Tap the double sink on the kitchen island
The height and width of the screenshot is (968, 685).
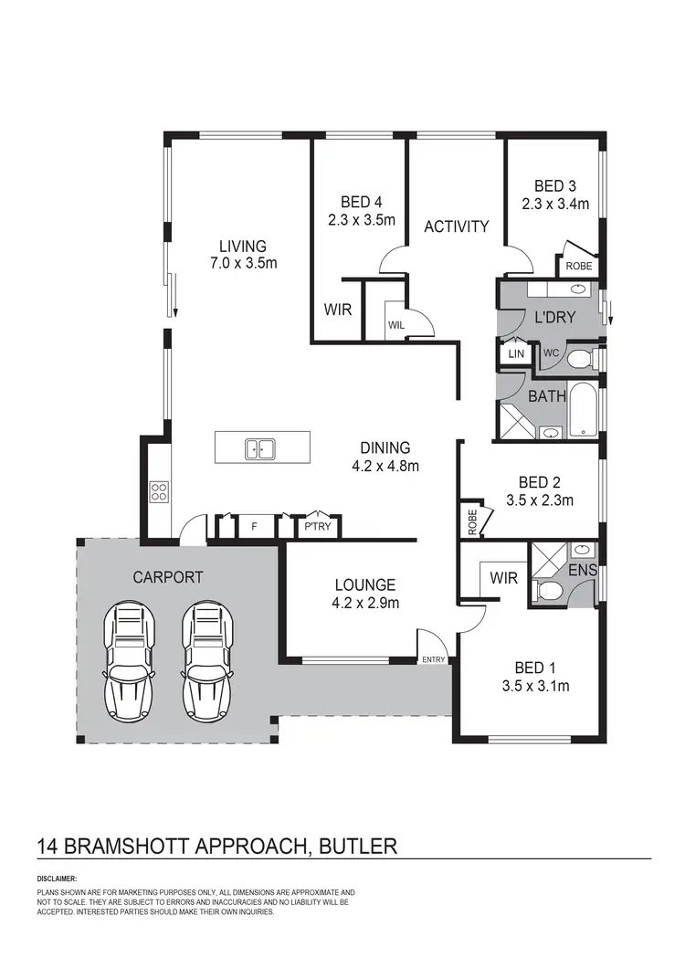(261, 448)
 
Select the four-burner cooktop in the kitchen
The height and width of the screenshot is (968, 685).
(159, 491)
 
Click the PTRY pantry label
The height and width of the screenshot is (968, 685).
(318, 527)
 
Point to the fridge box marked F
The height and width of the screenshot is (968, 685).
(253, 527)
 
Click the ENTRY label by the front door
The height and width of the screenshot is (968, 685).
(433, 659)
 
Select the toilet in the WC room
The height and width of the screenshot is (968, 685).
(579, 359)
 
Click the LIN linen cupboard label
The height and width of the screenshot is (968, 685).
(516, 352)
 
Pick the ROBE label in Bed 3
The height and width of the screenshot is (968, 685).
(578, 267)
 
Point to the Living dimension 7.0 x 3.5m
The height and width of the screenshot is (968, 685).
(242, 263)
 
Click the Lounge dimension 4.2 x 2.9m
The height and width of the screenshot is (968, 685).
(364, 602)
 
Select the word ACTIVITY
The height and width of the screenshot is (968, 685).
(456, 226)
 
